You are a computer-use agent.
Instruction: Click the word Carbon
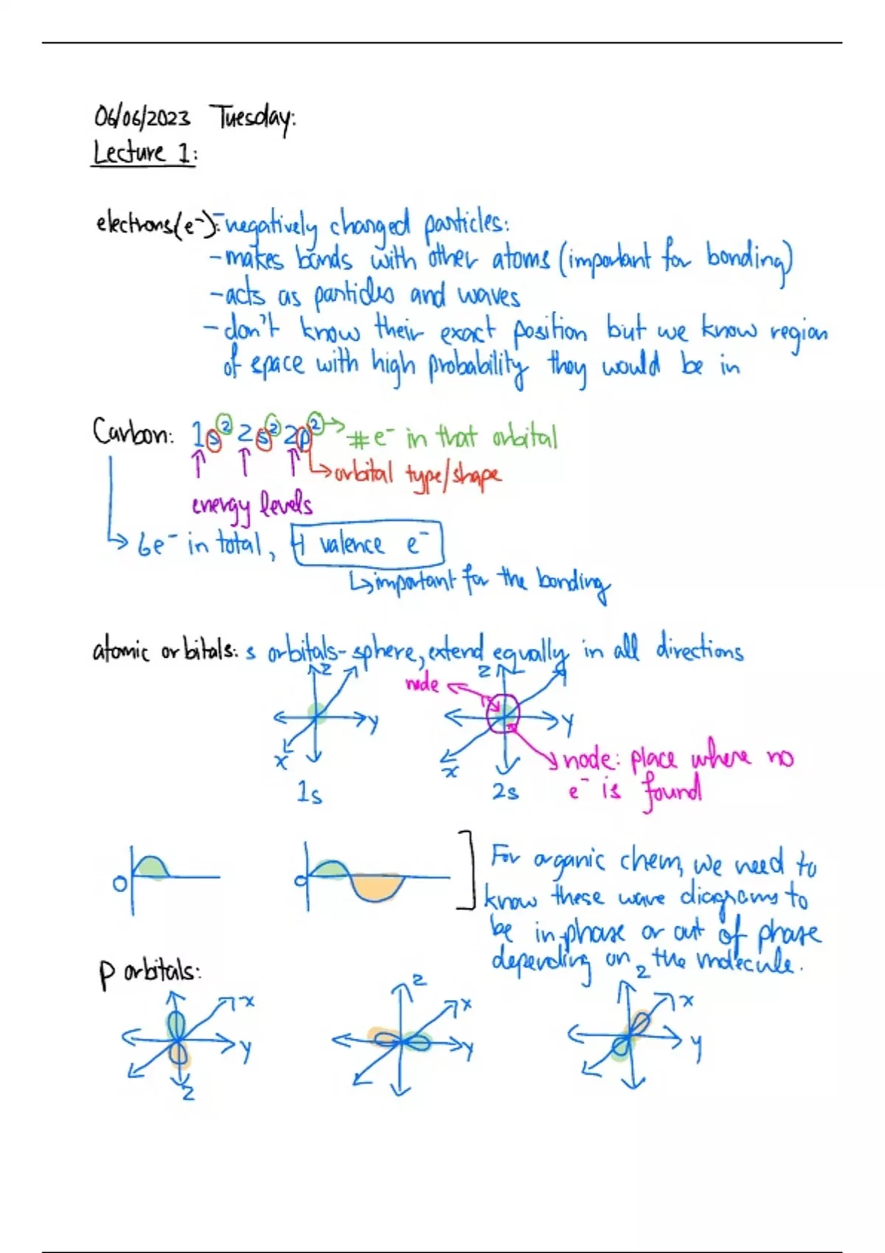pyautogui.click(x=132, y=433)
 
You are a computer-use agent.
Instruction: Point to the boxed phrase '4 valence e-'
pyautogui.click(x=367, y=545)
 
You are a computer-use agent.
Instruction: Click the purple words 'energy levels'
pyautogui.click(x=251, y=506)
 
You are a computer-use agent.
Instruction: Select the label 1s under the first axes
pyautogui.click(x=309, y=793)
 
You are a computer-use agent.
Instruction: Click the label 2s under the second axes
pyautogui.click(x=505, y=792)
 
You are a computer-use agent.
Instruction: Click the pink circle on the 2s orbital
pyautogui.click(x=503, y=713)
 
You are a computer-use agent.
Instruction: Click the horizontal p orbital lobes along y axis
pyautogui.click(x=401, y=1041)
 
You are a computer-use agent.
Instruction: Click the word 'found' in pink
pyautogui.click(x=671, y=793)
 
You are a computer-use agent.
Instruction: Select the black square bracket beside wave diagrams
pyautogui.click(x=468, y=870)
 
